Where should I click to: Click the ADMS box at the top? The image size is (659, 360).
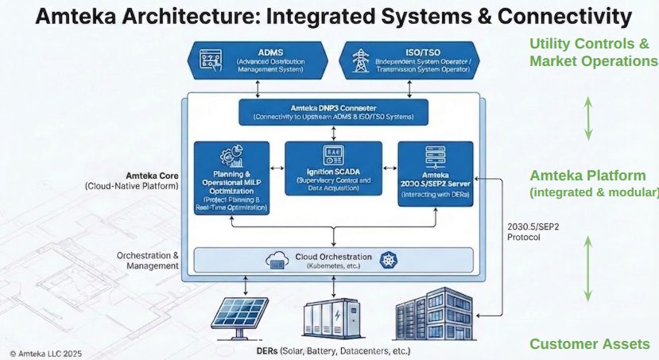tap(258, 60)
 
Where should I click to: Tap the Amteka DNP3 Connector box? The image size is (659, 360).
tap(333, 111)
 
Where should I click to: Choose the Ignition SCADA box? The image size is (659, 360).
tap(333, 169)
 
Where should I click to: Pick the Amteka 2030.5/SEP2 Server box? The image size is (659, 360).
tap(435, 173)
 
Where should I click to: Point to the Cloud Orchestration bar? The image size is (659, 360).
tap(333, 260)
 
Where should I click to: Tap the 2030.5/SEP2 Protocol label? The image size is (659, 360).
tap(532, 231)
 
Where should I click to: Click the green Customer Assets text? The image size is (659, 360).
tap(589, 344)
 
